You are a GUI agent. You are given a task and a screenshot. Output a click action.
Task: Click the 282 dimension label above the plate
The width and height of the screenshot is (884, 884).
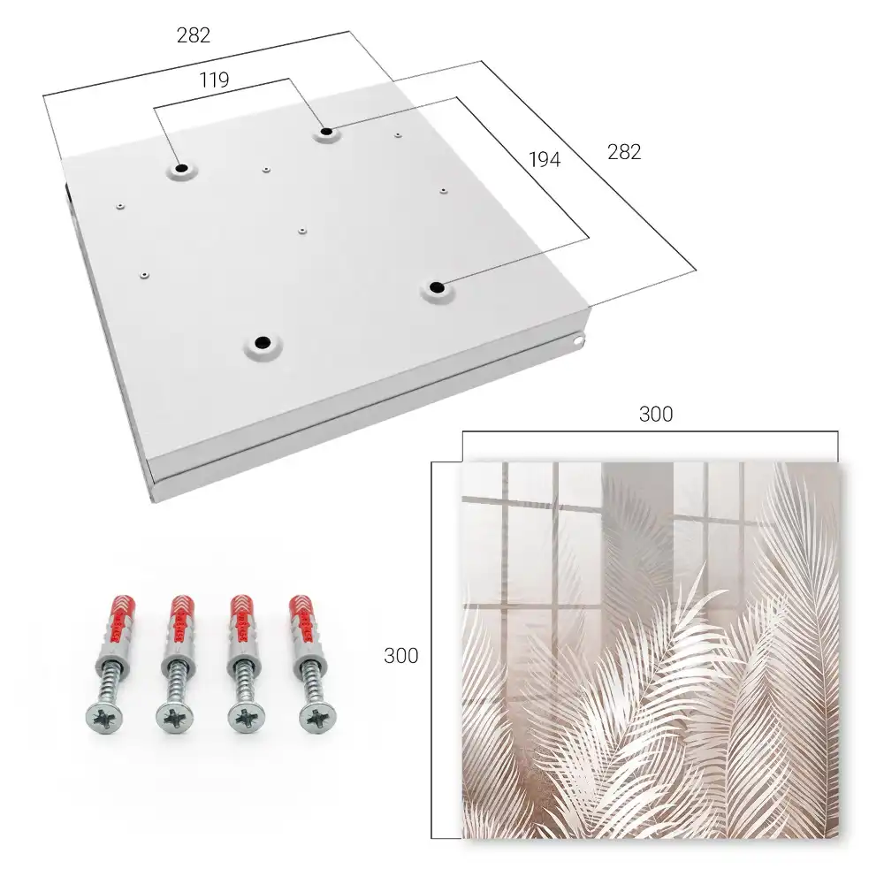(194, 35)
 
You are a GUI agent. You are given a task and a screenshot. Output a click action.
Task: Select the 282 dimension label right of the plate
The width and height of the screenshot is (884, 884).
(624, 152)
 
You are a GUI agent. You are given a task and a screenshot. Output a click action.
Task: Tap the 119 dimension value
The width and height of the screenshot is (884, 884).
(214, 80)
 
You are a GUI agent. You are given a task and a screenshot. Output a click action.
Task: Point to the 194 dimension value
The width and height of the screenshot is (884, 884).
(545, 160)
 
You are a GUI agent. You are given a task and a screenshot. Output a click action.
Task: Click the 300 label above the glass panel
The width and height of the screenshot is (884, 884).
(656, 415)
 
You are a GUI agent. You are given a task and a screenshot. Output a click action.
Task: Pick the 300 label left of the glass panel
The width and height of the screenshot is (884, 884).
(400, 656)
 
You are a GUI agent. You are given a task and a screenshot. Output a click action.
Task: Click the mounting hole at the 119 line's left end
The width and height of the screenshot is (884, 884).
(181, 169)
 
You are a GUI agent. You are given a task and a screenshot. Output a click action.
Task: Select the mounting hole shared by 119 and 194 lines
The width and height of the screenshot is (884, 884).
(326, 133)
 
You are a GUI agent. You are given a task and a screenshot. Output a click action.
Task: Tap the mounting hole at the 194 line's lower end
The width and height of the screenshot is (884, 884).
(436, 288)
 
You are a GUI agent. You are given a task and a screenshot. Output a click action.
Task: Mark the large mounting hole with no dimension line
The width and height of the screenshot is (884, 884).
(262, 342)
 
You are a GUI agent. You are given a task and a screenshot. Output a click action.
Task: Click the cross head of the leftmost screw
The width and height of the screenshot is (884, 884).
(105, 718)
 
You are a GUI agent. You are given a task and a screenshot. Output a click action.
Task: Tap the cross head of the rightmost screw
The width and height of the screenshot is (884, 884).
(316, 718)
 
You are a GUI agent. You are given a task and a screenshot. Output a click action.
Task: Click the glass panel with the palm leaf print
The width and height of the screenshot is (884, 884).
(652, 650)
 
